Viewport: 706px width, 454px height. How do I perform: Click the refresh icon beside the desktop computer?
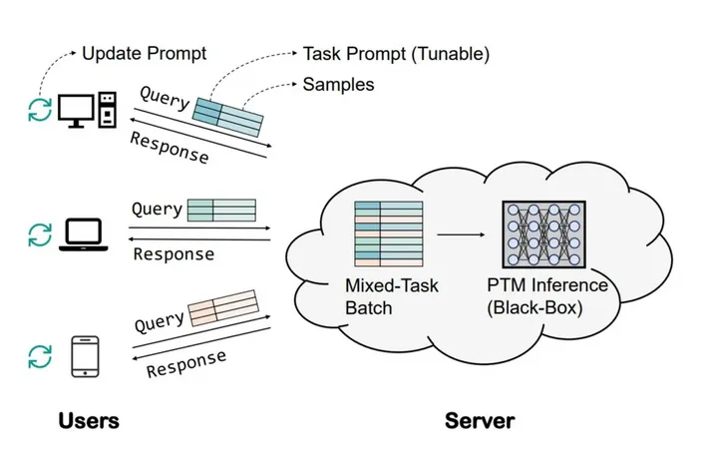pos(39,110)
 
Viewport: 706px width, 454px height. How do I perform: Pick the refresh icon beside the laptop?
pos(39,234)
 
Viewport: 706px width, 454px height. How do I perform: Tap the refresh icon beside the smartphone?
pos(39,356)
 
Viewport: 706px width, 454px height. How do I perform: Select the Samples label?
pos(338,85)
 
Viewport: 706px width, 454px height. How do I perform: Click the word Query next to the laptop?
pos(157,209)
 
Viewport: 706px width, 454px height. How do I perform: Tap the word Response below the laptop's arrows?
pos(174,253)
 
